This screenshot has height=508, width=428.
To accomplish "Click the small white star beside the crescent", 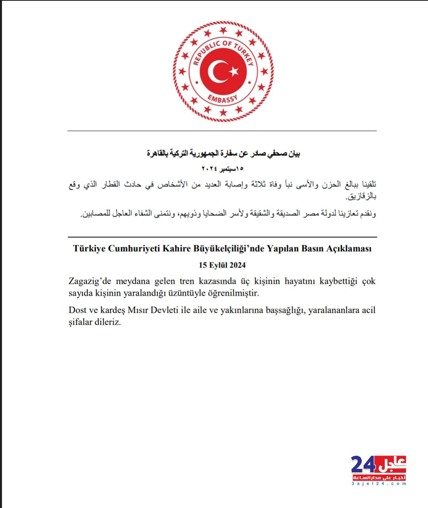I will coord(234,71).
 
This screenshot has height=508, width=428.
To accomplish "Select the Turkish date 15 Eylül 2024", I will coord(222,265).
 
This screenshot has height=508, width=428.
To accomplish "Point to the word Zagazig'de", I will coord(90,281).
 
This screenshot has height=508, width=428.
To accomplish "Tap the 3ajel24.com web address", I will coord(379,484).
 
